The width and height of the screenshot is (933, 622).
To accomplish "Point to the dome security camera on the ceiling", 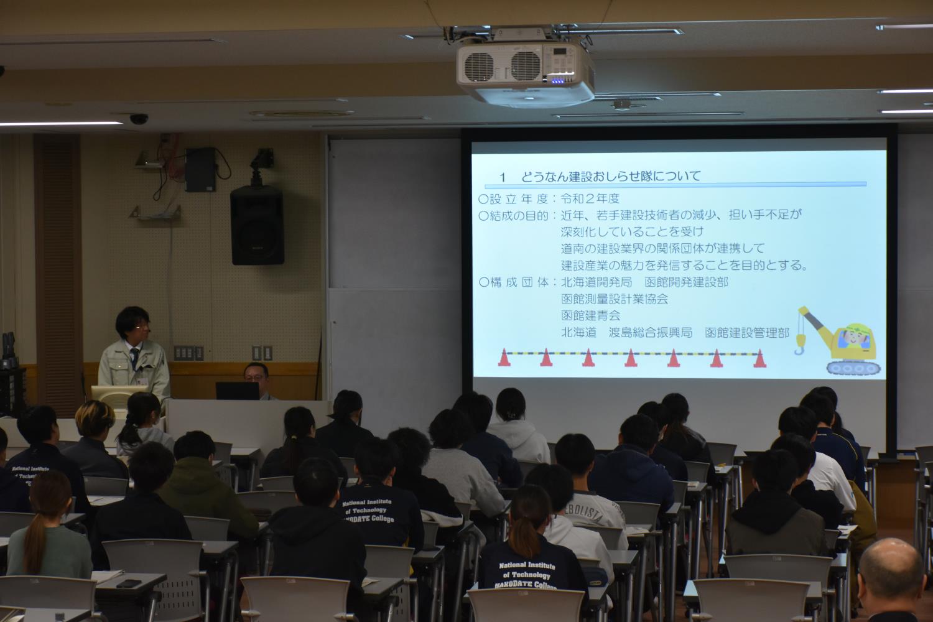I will [x=138, y=118].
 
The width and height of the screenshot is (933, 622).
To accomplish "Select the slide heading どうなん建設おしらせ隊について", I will [x=600, y=177].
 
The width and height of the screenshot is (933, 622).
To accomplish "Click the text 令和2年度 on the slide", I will [x=590, y=199].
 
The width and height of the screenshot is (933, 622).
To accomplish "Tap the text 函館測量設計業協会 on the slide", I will [x=615, y=299].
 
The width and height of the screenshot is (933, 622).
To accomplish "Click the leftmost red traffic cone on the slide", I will [x=504, y=358].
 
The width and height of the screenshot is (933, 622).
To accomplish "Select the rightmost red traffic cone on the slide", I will [x=759, y=359].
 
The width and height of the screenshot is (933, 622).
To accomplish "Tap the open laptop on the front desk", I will [x=237, y=391].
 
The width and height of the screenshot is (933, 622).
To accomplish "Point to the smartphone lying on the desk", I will [x=129, y=583].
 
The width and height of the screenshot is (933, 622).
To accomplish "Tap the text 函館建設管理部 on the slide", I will [x=746, y=333].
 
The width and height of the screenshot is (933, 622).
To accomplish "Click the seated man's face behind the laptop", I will [x=256, y=374].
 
